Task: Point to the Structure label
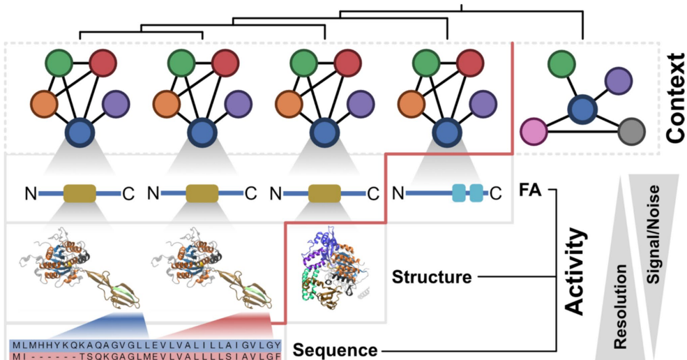(x=432, y=278)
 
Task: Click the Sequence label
(x=335, y=350)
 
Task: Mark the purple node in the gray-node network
(x=617, y=81)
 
